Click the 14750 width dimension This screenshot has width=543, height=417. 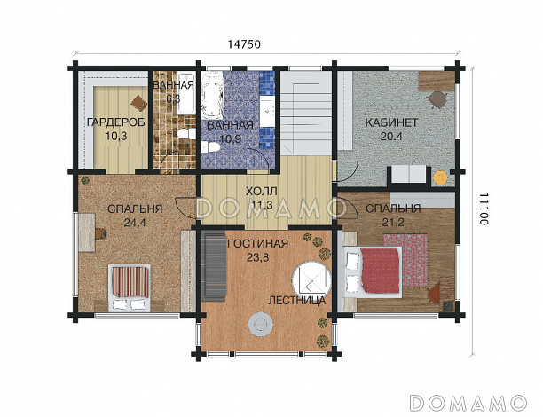[244, 44]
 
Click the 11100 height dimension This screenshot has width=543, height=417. [484, 209]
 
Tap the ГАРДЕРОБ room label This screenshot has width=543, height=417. [116, 122]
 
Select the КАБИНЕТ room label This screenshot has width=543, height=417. [391, 122]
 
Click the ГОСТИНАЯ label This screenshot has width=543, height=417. [257, 244]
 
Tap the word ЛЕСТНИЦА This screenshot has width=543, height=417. [297, 300]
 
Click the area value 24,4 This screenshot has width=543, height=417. [135, 223]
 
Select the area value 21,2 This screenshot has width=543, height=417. [393, 222]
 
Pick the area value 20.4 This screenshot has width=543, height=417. [391, 137]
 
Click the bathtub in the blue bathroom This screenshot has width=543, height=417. [212, 95]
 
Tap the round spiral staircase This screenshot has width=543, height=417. [311, 279]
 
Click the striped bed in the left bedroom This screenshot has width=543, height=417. [130, 287]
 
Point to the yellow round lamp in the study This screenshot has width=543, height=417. [440, 177]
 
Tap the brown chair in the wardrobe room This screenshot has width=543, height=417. [139, 103]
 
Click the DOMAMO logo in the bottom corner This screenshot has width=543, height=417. [468, 403]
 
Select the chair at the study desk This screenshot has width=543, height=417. [437, 99]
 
